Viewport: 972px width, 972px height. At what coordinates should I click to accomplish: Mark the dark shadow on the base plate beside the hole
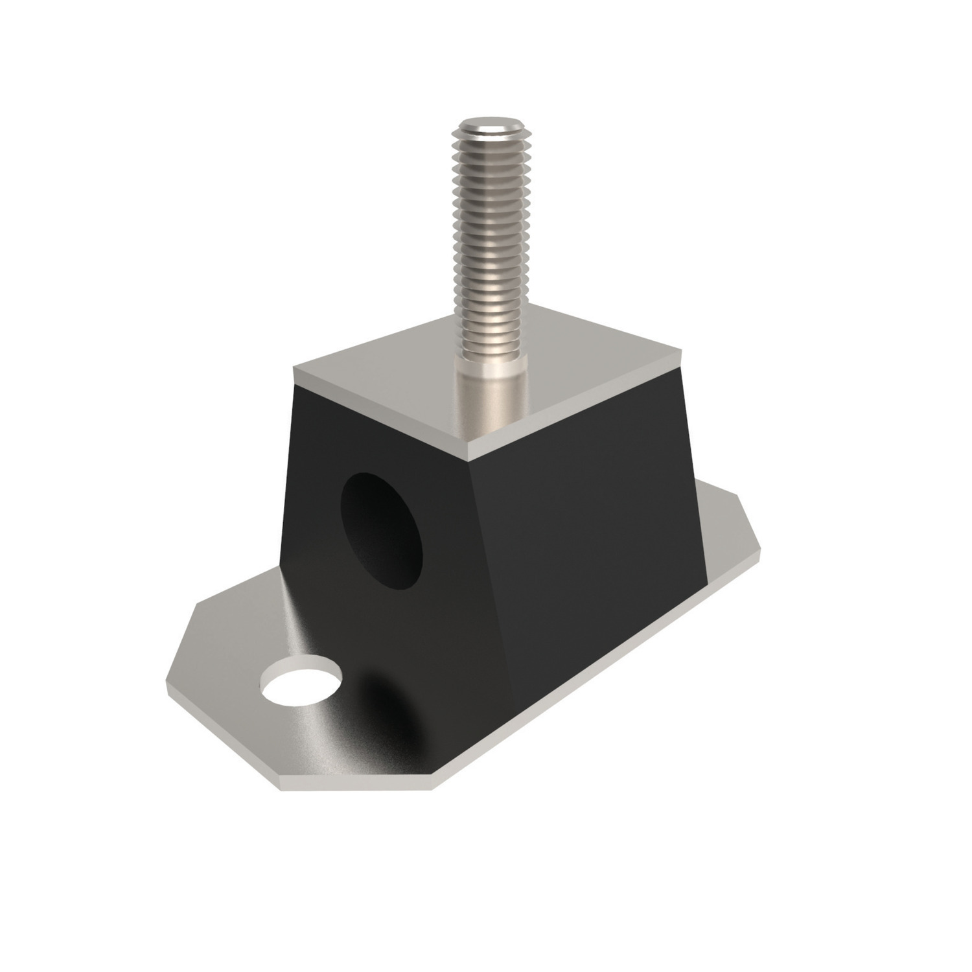click(376, 700)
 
